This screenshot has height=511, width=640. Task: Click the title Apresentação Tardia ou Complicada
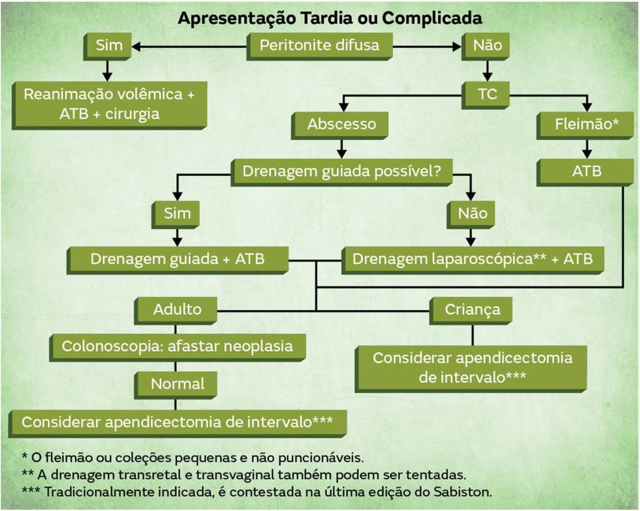click(330, 18)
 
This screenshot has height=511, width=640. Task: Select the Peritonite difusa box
click(319, 46)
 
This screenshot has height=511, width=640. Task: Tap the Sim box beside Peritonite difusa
click(108, 46)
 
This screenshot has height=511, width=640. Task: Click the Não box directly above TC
click(487, 46)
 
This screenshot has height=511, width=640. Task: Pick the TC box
click(487, 94)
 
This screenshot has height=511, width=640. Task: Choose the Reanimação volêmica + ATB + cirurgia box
click(109, 104)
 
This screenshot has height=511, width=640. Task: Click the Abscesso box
click(341, 124)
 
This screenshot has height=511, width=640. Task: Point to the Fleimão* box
click(586, 124)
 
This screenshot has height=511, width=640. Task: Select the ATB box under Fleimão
click(586, 171)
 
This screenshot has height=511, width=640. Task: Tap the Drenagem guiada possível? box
click(341, 171)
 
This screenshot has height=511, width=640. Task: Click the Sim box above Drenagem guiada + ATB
click(177, 214)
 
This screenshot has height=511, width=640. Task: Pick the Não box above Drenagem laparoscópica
click(472, 214)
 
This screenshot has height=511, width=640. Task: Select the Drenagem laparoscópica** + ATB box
click(472, 259)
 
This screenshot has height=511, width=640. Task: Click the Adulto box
click(177, 309)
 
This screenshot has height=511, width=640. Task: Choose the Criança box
click(472, 309)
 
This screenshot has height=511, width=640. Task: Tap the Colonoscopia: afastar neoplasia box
click(177, 346)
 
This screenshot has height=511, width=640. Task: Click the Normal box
click(177, 384)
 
